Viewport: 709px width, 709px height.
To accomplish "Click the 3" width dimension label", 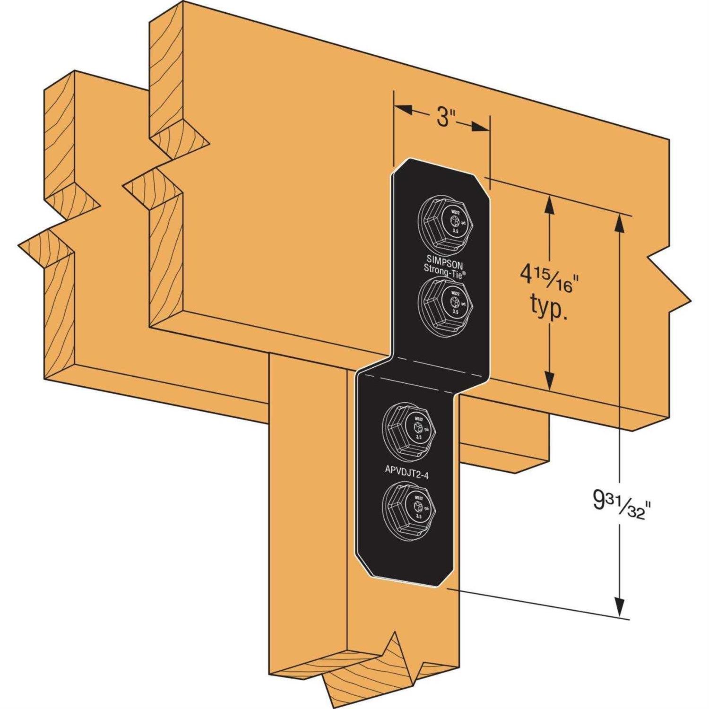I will (442, 118).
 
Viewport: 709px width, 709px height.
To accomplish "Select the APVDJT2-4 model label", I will (406, 476).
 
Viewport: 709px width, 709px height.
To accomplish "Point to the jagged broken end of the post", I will (373, 671).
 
